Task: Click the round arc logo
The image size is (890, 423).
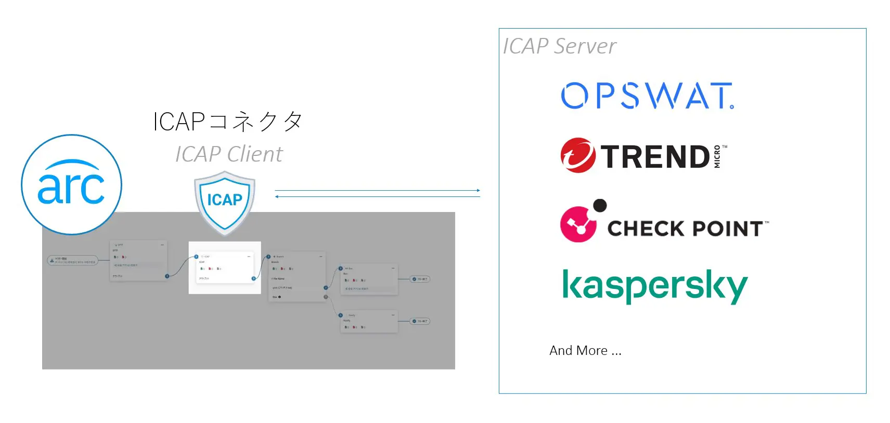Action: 71,184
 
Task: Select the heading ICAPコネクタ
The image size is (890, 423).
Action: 227,122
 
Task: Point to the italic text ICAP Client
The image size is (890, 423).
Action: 229,154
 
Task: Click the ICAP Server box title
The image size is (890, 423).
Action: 559,46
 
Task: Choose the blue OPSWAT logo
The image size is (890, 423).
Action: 647,96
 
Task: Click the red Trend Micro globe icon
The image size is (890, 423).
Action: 577,155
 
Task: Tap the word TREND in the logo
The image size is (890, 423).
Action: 655,156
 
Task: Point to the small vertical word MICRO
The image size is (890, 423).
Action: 717,156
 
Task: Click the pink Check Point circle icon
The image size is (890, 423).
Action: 578,224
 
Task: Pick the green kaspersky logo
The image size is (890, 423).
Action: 654,286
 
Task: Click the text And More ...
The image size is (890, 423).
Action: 585,351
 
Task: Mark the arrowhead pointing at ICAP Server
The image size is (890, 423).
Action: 479,191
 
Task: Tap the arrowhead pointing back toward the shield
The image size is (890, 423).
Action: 277,197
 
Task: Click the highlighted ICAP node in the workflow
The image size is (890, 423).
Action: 225,268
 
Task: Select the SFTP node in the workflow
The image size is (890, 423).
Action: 138,260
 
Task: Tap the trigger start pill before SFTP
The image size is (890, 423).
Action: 72,260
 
